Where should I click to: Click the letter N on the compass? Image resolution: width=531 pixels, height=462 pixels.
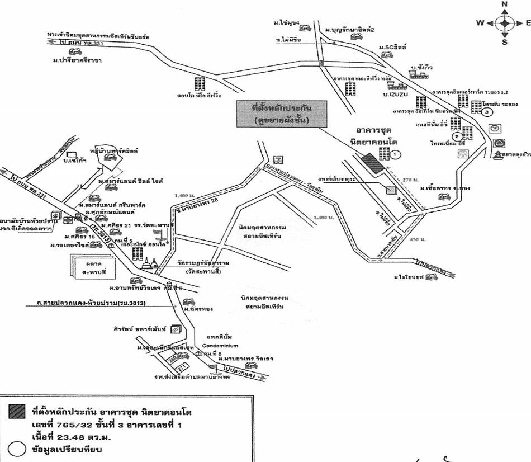[x=504, y=4]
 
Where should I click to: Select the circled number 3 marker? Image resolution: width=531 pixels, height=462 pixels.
[x=488, y=112]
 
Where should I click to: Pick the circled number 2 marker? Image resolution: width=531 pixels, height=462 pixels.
[x=457, y=136]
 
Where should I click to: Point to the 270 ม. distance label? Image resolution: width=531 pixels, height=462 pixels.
[x=410, y=180]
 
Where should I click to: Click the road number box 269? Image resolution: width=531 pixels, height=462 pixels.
[x=172, y=356]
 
